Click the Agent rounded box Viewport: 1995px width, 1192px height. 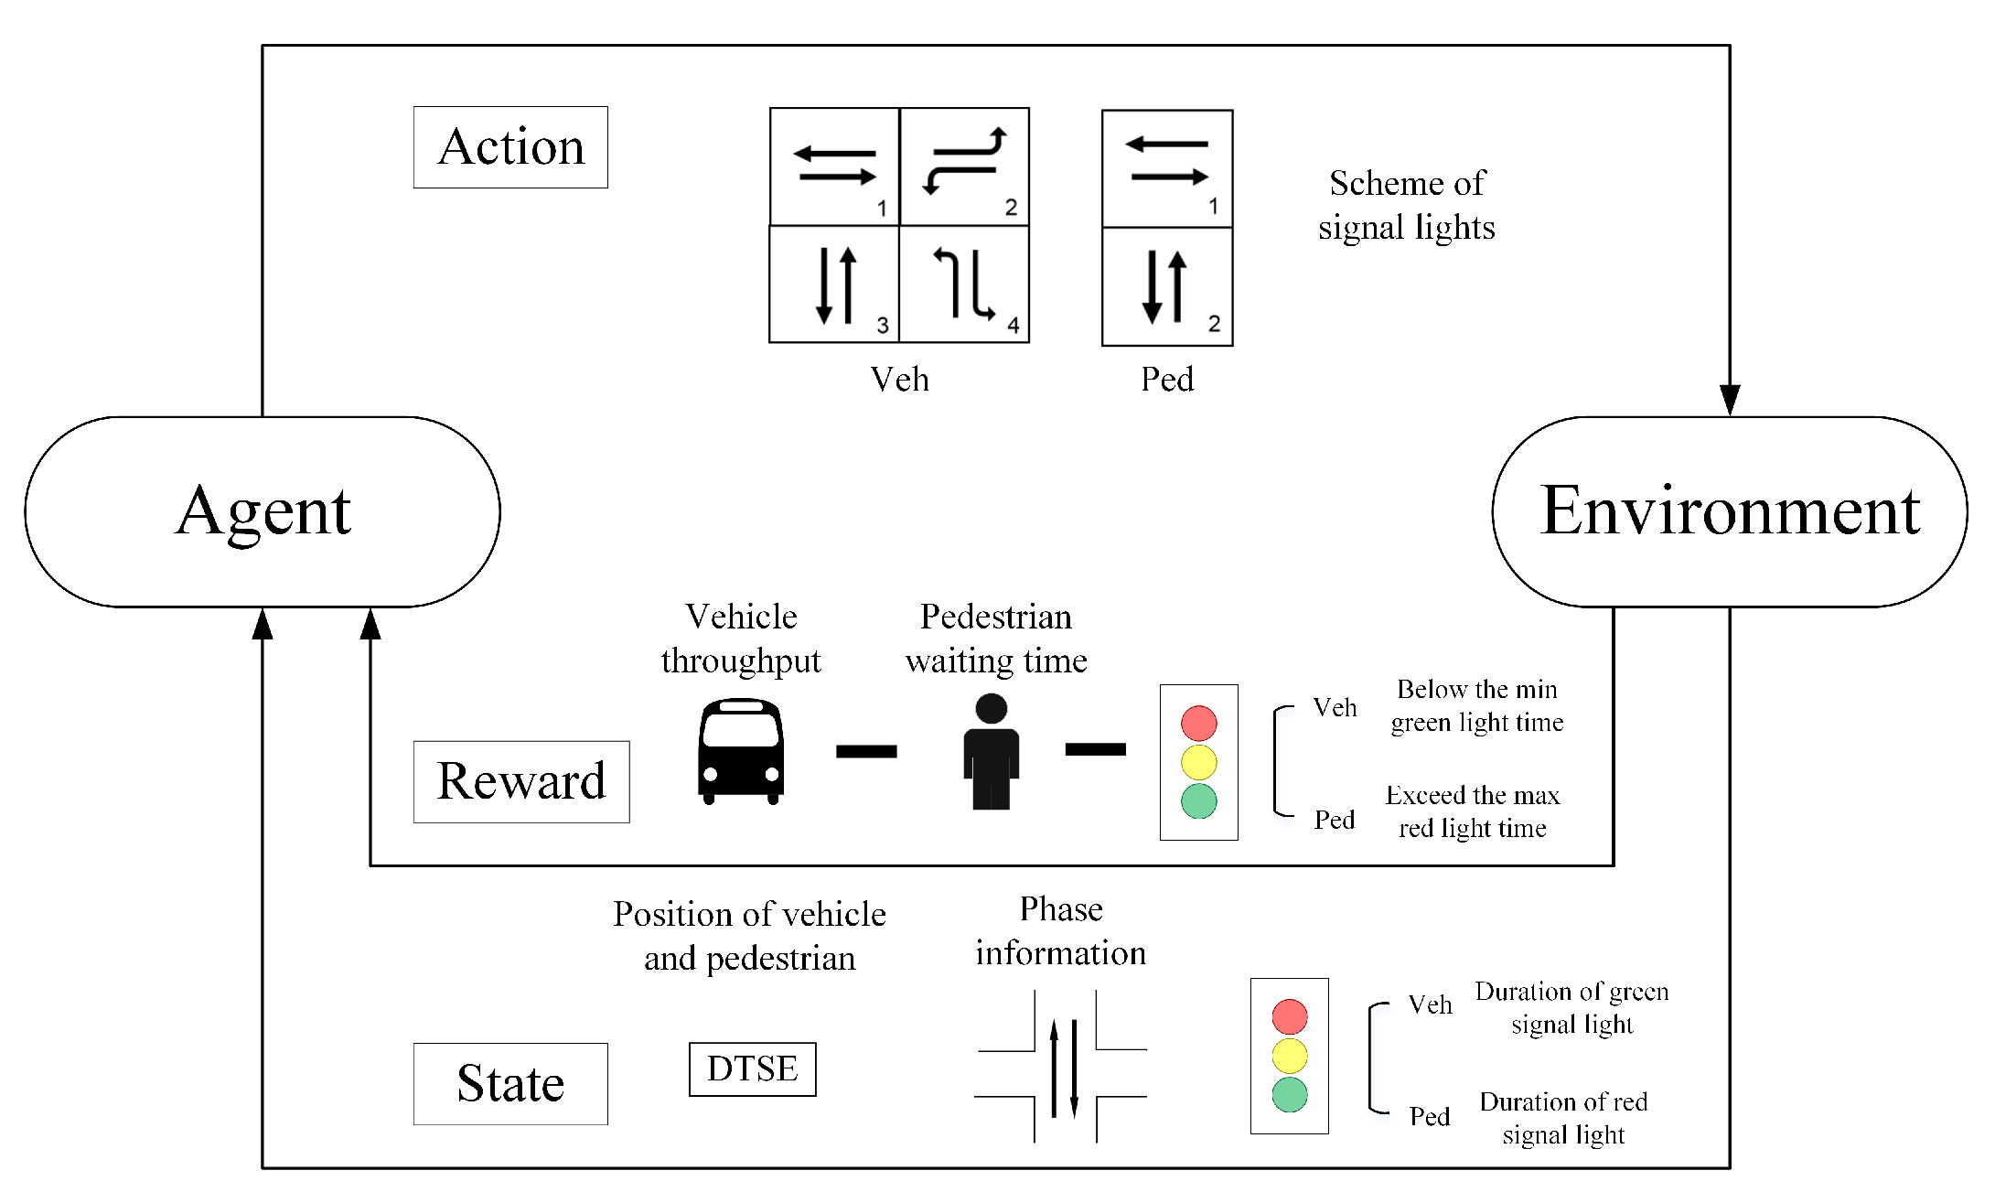tap(263, 511)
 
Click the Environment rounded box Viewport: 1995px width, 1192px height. tap(1729, 511)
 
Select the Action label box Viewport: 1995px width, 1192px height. tap(510, 147)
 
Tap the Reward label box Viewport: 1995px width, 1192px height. tap(521, 781)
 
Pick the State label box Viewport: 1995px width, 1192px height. tap(510, 1084)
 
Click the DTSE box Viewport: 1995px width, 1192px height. tap(752, 1069)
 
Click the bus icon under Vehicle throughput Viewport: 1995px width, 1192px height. tap(741, 751)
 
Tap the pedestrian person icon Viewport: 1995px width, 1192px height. tap(991, 751)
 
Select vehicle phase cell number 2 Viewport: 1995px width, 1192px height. tap(964, 166)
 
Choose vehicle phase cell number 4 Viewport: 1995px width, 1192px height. tap(964, 285)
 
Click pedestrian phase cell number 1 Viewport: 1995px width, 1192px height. tap(1167, 168)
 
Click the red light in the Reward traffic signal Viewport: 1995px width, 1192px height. tap(1198, 723)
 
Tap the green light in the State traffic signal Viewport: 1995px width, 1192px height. tap(1289, 1094)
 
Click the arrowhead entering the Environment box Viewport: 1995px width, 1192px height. tap(1729, 400)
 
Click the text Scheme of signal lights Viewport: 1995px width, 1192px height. tap(1407, 205)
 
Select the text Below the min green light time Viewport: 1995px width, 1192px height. tap(1476, 705)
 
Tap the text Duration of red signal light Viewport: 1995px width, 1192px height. tap(1563, 1118)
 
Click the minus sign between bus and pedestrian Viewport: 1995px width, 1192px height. tap(866, 751)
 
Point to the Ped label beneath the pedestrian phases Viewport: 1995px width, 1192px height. tap(1167, 379)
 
